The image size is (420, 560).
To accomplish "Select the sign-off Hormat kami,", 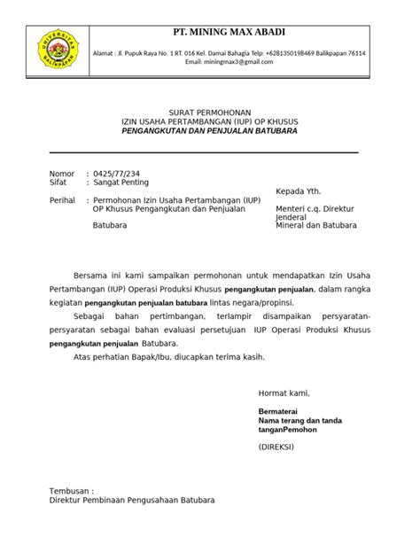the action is tap(284, 393).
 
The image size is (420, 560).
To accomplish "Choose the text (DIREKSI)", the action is tap(279, 449).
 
